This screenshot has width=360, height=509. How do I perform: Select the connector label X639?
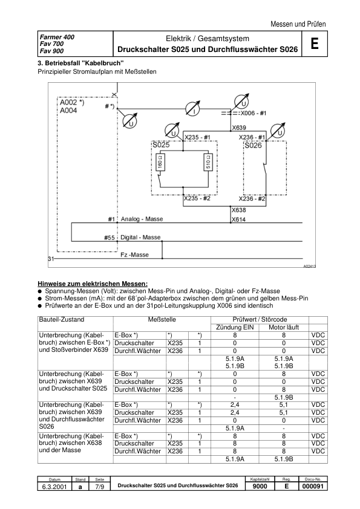(x=239, y=128)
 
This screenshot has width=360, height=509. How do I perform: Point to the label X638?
(x=238, y=210)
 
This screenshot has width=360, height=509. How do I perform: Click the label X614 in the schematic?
(x=238, y=219)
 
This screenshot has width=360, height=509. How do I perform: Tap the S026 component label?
(x=253, y=146)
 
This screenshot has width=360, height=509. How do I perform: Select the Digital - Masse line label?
(x=141, y=238)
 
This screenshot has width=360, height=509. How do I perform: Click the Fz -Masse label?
(x=134, y=255)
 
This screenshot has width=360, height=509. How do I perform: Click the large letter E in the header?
(x=314, y=45)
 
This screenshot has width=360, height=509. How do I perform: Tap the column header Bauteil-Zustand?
(x=62, y=319)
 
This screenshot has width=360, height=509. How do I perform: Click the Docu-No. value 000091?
(x=313, y=487)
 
